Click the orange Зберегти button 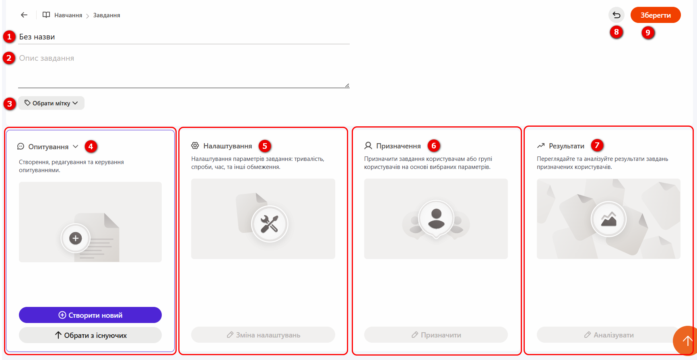(x=656, y=15)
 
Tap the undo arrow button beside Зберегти (x=617, y=15)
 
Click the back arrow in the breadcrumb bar (x=24, y=15)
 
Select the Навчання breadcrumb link (x=68, y=15)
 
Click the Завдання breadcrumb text (x=107, y=15)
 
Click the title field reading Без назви (x=184, y=37)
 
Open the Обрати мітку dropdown (x=51, y=103)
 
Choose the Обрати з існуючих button (x=90, y=335)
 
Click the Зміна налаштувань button (x=263, y=335)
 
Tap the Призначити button (x=436, y=335)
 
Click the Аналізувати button (x=608, y=335)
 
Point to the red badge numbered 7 (x=597, y=145)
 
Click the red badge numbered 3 (x=9, y=104)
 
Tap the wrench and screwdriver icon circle (x=270, y=224)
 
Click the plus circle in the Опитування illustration (x=75, y=238)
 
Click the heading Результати (x=567, y=146)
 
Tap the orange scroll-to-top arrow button (x=686, y=341)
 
